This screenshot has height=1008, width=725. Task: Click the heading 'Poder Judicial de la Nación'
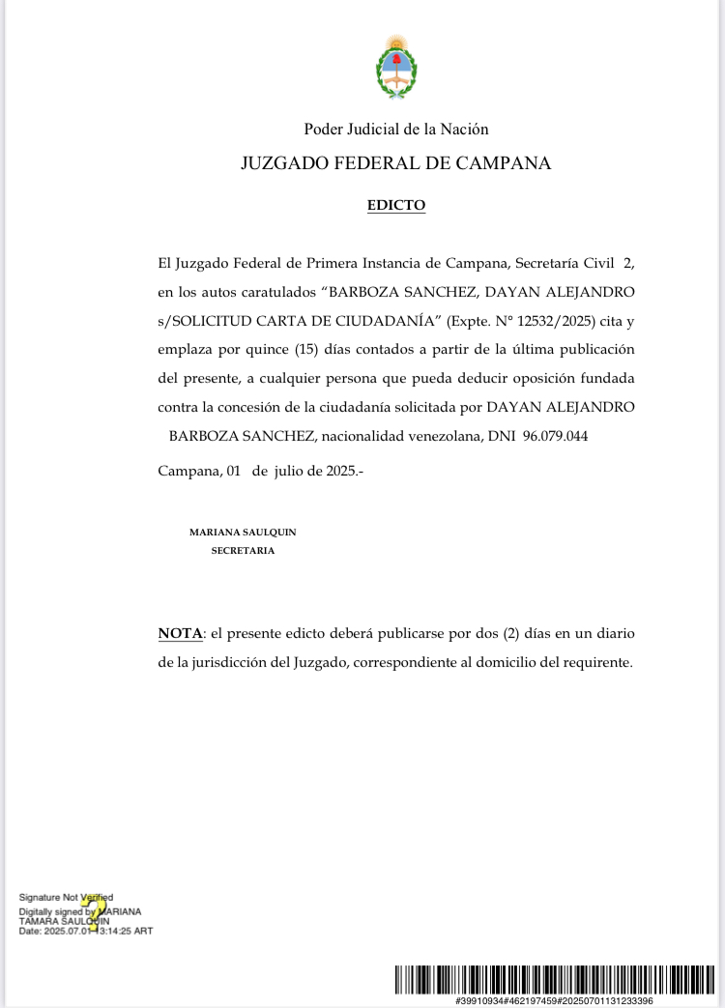[396, 129]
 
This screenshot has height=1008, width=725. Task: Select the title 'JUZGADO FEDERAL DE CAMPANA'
[396, 163]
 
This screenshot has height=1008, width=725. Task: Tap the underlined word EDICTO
[396, 205]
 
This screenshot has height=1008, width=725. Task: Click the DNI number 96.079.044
[555, 436]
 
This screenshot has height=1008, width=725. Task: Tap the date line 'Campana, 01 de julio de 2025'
[260, 471]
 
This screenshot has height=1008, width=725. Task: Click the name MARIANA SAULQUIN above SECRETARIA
[243, 533]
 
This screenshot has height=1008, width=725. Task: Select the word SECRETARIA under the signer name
[243, 550]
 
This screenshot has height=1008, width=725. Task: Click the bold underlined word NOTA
[181, 634]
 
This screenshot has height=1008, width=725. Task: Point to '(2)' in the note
[516, 634]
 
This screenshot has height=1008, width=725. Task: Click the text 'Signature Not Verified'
[66, 898]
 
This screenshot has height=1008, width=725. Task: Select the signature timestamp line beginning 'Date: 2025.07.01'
[86, 931]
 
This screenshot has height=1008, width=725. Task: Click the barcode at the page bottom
[554, 979]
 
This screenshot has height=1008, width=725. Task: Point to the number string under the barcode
[554, 1000]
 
